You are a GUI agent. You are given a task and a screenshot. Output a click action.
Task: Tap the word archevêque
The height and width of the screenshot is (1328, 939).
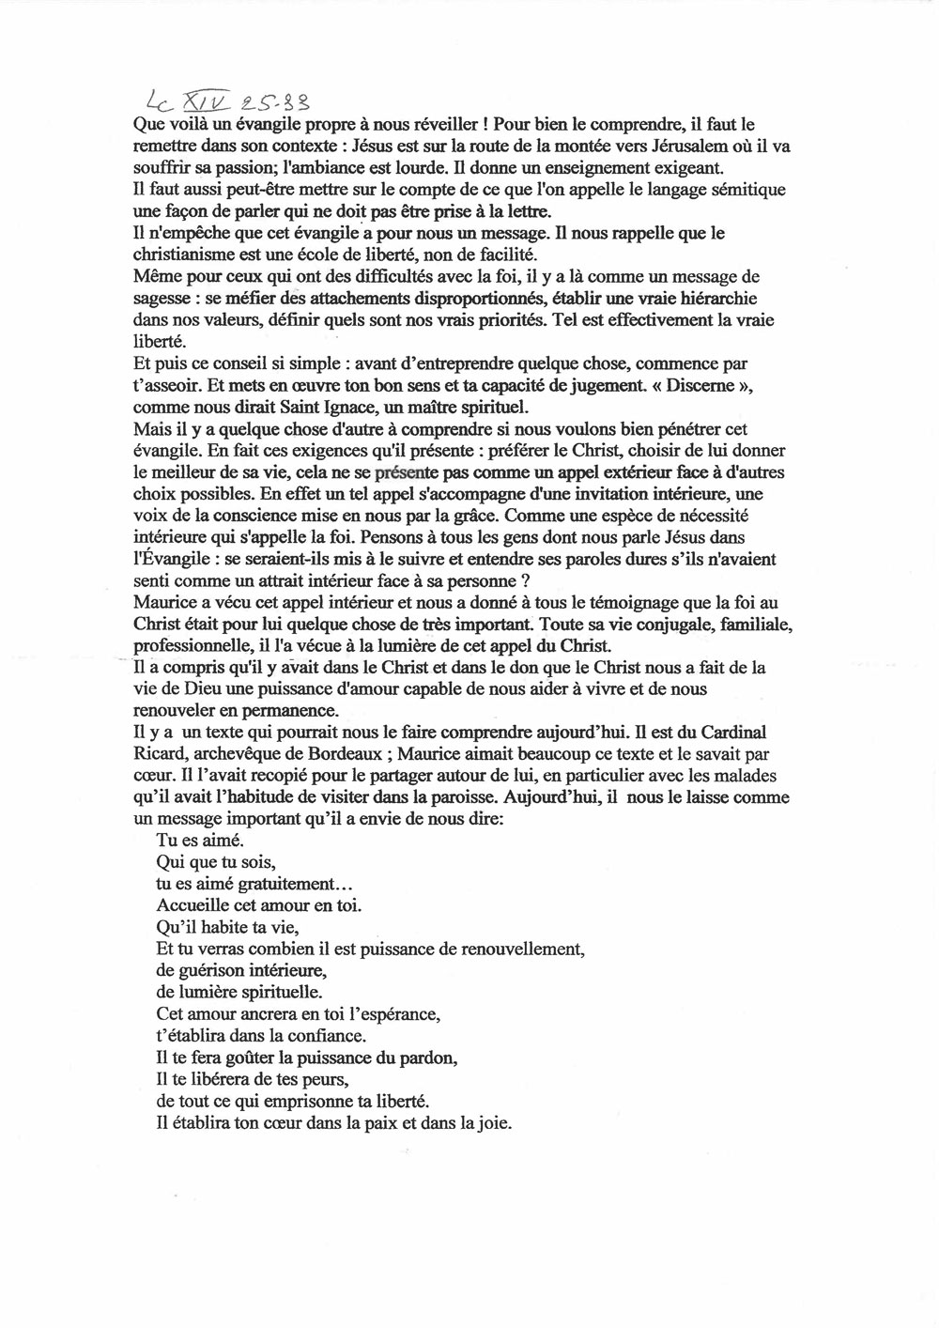226,754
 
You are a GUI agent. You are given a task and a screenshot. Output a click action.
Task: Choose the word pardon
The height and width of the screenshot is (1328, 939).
432,1058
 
